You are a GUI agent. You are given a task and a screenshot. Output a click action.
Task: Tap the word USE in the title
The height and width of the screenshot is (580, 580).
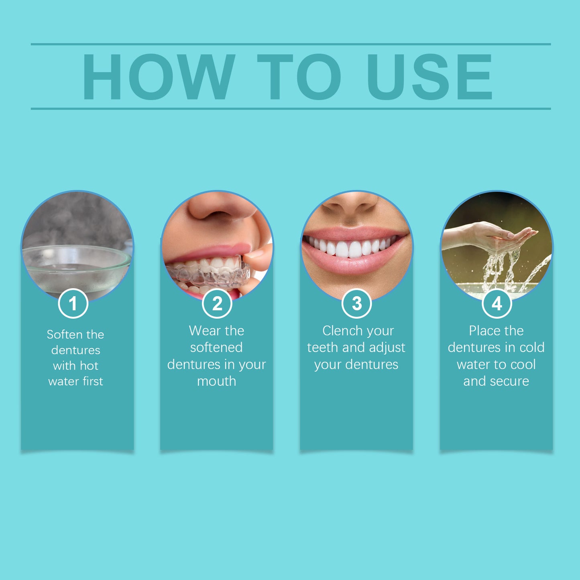click(429, 77)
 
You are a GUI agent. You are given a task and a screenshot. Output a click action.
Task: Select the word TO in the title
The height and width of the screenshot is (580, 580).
click(299, 77)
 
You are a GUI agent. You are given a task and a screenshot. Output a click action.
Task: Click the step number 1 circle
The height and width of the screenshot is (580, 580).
click(73, 303)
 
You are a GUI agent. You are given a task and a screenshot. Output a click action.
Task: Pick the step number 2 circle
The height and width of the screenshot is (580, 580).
click(217, 303)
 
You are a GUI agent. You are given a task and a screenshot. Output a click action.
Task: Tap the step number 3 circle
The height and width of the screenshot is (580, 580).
click(357, 303)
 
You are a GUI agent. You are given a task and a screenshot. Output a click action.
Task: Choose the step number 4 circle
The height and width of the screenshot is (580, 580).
click(497, 303)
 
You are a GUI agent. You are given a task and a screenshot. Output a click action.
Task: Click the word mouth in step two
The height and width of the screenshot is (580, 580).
click(216, 381)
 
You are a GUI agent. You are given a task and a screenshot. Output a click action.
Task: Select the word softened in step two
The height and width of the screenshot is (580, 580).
click(216, 347)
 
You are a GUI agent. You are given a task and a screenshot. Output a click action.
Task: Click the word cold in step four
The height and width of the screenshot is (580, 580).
click(532, 347)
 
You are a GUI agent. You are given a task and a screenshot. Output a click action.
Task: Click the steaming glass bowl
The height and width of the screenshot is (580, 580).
click(76, 267)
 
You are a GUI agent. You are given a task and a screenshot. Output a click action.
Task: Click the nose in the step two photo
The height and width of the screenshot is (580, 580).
click(217, 207)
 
